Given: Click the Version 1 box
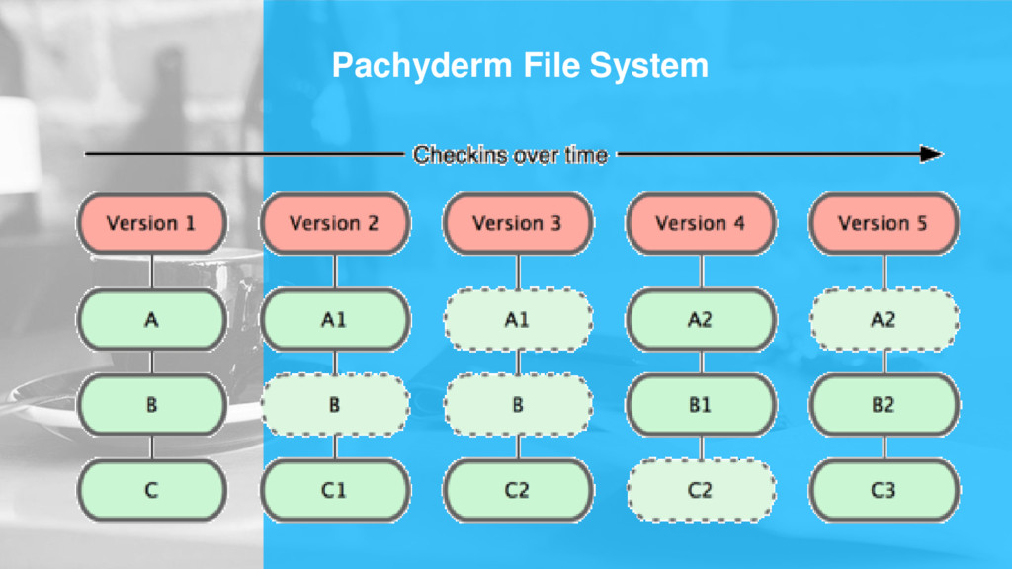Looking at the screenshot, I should point(151,223).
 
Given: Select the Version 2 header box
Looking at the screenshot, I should point(334,223).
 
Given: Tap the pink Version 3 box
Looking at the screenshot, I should point(517,223).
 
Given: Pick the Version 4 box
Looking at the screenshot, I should point(701,223).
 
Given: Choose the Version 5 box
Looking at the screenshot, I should point(884,223).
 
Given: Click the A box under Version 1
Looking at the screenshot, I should point(151,320).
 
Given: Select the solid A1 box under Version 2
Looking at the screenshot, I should point(334,320).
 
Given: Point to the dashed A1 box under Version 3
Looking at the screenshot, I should point(517,320).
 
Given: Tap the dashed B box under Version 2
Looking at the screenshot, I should point(334,405).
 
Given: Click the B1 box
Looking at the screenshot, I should point(701,405).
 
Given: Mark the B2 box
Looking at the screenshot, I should point(884,405).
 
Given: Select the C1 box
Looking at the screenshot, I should point(334,490).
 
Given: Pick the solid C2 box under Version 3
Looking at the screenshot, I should point(517,490).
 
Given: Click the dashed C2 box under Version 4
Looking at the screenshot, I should point(701,490).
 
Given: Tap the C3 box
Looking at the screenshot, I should point(884,490).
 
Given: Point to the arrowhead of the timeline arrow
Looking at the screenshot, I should point(932,154).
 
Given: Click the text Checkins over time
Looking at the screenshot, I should point(510,155).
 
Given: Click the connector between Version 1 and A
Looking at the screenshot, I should point(151,272).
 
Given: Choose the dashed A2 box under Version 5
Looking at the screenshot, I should point(884,320).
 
